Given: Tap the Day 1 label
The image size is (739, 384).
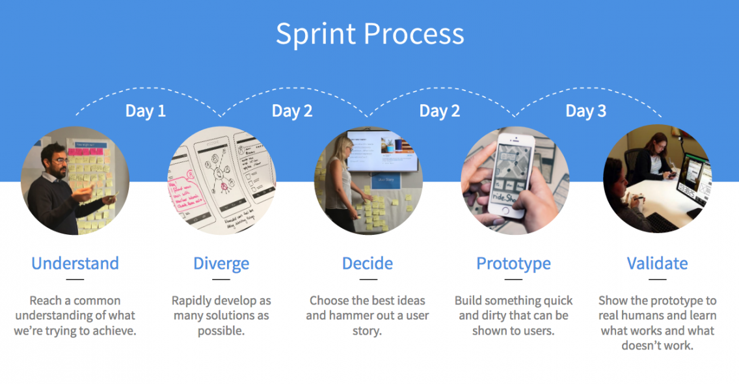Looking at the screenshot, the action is coord(146,111).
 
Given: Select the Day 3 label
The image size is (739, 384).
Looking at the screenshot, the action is coord(586,111).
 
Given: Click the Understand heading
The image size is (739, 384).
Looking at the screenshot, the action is coord(75,263).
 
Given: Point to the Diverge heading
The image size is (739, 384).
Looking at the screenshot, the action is coord(221,264).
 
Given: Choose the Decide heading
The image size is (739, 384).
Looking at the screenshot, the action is coord(367,263).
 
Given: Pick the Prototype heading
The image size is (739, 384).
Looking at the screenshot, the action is coord(513,264).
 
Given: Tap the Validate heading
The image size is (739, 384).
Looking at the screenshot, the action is coord(657,263).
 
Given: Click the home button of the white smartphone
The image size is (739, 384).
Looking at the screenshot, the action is coord(505,212).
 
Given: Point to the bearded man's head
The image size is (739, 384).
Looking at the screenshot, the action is coord(55,160).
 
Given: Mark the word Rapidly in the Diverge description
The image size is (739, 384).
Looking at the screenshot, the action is coord(189,301).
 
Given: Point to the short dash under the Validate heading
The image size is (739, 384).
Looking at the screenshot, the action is coord(657,279).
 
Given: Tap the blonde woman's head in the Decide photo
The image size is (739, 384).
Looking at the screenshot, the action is coord(342,148).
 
